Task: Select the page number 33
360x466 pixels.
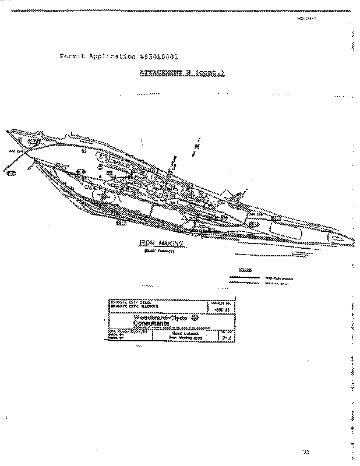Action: coord(307,452)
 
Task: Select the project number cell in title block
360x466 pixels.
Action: coord(214,307)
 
